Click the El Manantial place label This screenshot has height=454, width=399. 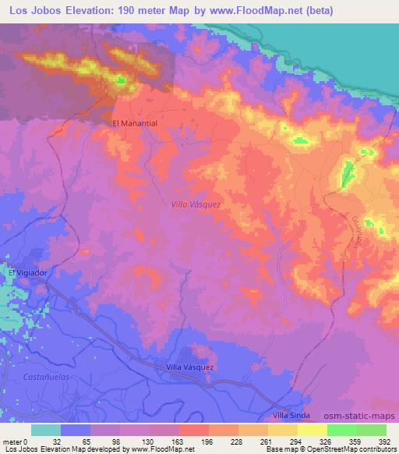135,123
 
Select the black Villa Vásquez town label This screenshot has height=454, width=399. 190,367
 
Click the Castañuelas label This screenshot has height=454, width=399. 35,378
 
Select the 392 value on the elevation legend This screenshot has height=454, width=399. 384,442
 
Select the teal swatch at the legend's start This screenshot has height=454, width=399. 46,430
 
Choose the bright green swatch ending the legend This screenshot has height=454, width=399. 372,430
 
